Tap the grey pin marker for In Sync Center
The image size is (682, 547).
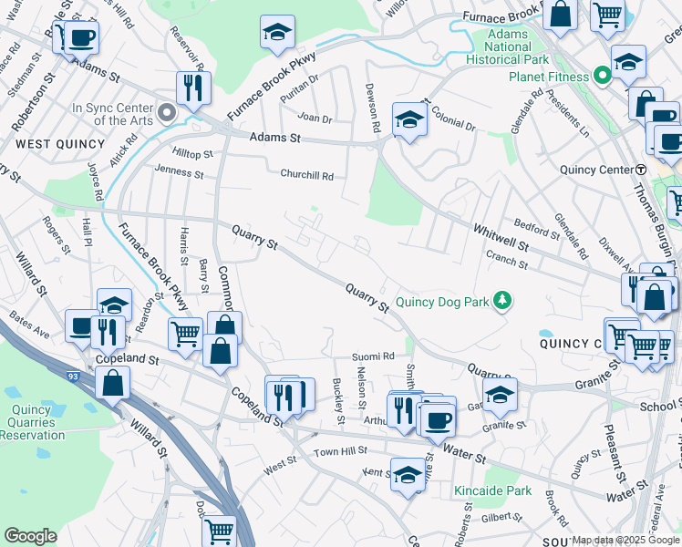[x=166, y=113]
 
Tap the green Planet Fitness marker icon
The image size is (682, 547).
[x=602, y=76]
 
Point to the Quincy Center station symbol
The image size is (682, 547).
[x=641, y=170]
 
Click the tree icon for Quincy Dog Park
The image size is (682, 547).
[x=501, y=299]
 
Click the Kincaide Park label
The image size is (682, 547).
[x=492, y=491]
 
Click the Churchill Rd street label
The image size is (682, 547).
[x=306, y=176]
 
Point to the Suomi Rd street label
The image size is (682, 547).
[x=375, y=356]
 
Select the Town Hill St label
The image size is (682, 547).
[x=340, y=451]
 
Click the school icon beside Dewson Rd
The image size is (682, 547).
[x=409, y=119]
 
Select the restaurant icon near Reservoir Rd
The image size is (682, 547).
[x=192, y=88]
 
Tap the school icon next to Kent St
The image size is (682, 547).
[x=408, y=473]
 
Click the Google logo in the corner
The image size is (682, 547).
[x=31, y=535]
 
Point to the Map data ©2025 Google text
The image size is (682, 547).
[x=625, y=540]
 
